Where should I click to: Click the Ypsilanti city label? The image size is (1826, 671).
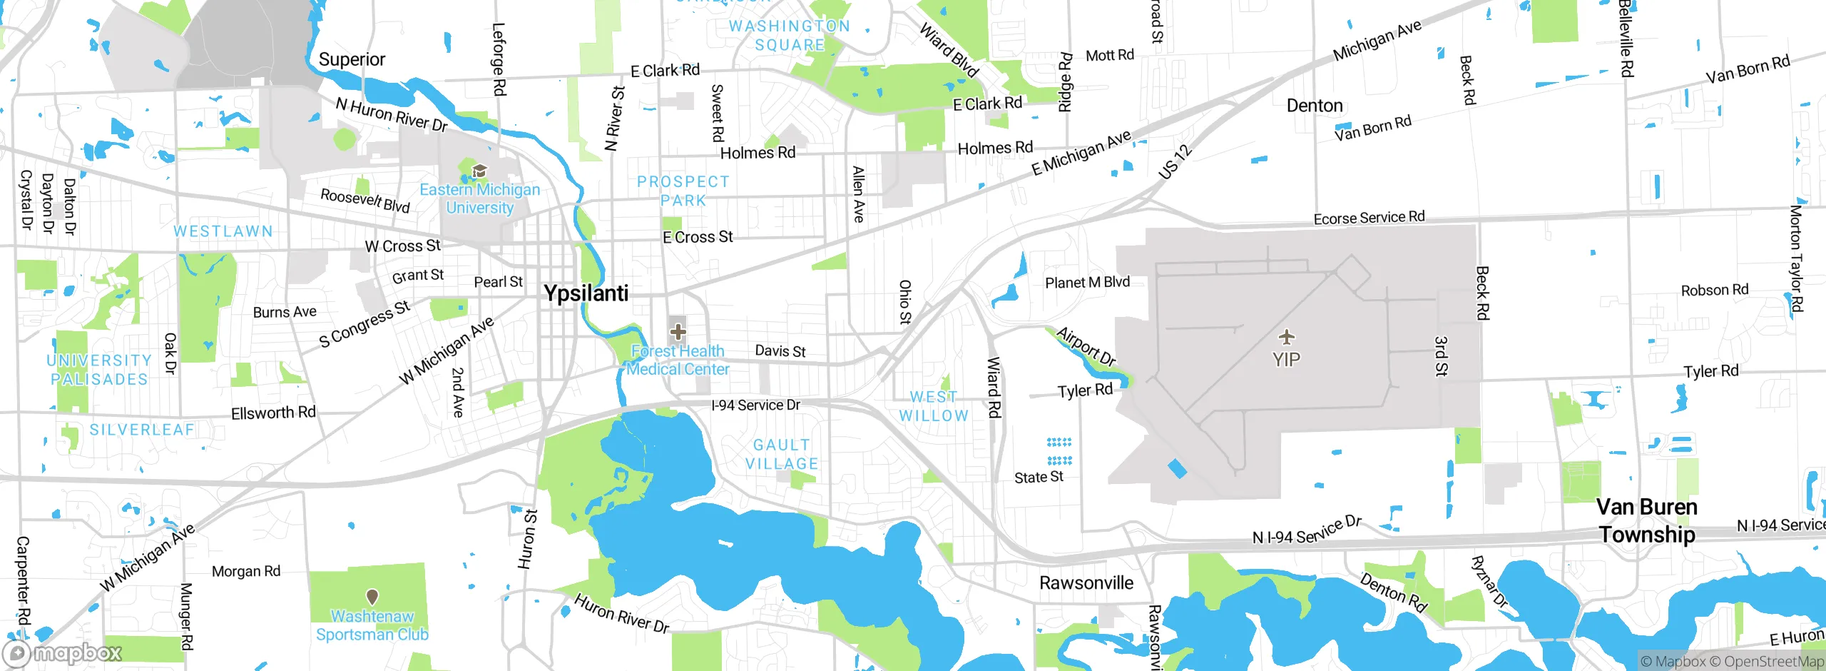click(x=586, y=293)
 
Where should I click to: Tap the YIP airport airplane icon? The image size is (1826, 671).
click(x=1286, y=336)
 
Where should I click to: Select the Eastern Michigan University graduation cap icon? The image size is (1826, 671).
click(x=479, y=171)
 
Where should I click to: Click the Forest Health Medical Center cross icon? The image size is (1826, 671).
click(x=678, y=332)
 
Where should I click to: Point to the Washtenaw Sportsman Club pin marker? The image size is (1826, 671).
click(x=372, y=596)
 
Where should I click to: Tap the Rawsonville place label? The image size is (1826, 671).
click(x=1086, y=583)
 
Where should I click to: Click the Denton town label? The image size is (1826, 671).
click(x=1314, y=106)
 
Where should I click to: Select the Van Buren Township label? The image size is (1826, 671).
click(x=1646, y=520)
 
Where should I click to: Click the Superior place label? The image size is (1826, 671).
click(x=352, y=59)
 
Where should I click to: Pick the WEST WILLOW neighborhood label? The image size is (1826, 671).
click(x=933, y=406)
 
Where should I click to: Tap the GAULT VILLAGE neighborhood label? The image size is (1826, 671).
click(x=782, y=455)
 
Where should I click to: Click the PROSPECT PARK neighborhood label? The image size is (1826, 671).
click(x=683, y=191)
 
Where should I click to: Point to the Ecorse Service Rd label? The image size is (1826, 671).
click(x=1369, y=218)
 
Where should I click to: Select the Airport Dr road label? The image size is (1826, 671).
click(x=1086, y=347)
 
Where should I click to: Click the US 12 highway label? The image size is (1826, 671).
click(x=1175, y=161)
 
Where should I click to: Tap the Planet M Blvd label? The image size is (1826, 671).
click(x=1087, y=283)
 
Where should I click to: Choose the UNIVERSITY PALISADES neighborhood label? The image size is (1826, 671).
click(x=99, y=370)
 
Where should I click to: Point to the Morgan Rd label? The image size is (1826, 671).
click(x=246, y=571)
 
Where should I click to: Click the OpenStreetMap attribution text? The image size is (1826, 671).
click(x=1773, y=662)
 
